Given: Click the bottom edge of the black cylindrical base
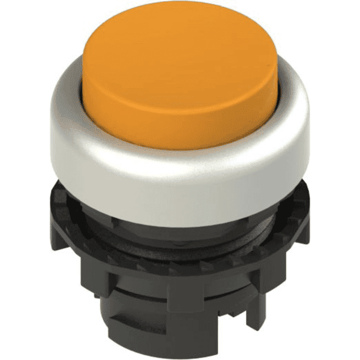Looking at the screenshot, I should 180,348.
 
